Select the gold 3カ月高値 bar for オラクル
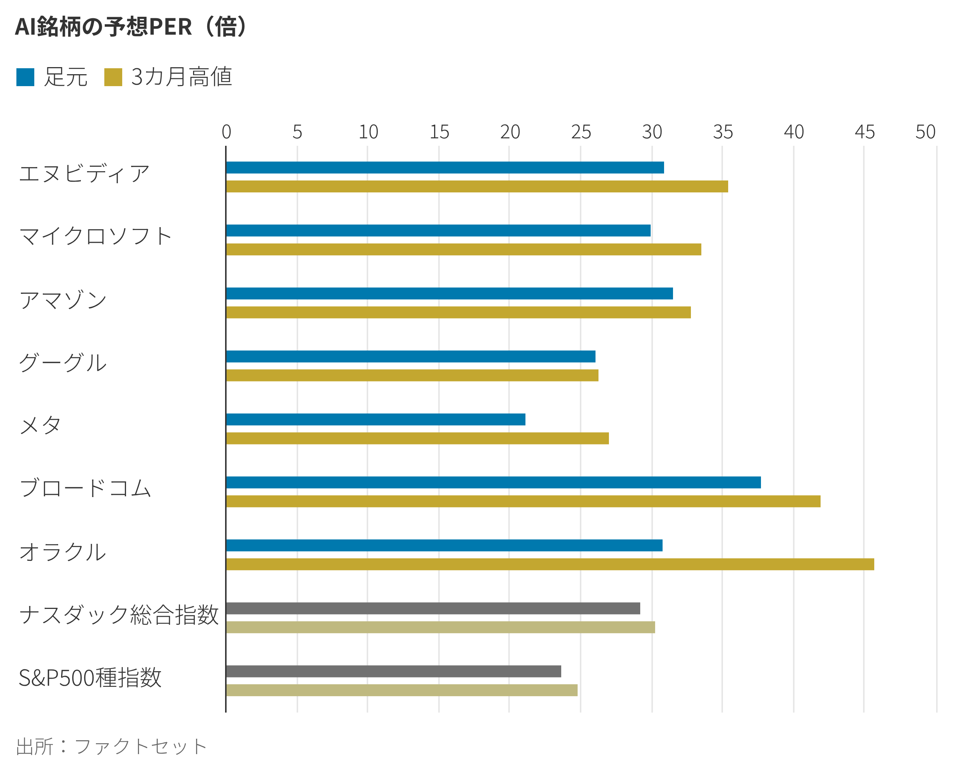pyautogui.click(x=550, y=564)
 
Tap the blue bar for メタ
pyautogui.click(x=376, y=419)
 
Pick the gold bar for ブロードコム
pyautogui.click(x=523, y=501)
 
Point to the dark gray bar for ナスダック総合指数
pyautogui.click(x=433, y=608)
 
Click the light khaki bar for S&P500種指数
pyautogui.click(x=402, y=690)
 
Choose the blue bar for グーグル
pyautogui.click(x=411, y=356)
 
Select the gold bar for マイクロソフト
pyautogui.click(x=463, y=249)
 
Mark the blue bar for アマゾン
pyautogui.click(x=449, y=293)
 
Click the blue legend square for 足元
pyautogui.click(x=25, y=77)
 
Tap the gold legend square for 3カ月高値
pyautogui.click(x=113, y=77)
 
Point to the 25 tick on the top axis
pyautogui.click(x=581, y=132)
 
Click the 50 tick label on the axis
pyautogui.click(x=925, y=132)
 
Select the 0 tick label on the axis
pyautogui.click(x=226, y=132)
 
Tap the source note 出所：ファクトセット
pyautogui.click(x=111, y=747)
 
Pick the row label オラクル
pyautogui.click(x=63, y=552)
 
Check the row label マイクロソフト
pyautogui.click(x=95, y=236)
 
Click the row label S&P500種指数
pyautogui.click(x=90, y=678)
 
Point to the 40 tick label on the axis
pyautogui.click(x=793, y=132)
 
